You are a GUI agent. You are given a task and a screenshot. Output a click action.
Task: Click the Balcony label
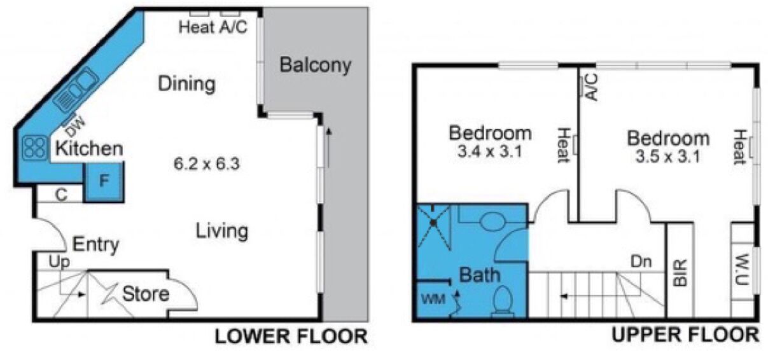[316, 65]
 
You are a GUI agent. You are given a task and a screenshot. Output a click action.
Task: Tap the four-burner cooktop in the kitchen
[35, 148]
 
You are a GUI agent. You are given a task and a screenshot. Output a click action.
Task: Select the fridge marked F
[104, 182]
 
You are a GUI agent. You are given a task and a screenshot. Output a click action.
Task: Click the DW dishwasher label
[74, 127]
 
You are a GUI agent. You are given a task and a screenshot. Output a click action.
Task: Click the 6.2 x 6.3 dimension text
[206, 164]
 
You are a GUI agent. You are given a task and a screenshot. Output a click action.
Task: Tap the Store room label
[146, 294]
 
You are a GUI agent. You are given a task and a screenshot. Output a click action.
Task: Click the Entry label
[96, 245]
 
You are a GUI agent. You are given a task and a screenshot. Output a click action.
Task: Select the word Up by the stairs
[59, 263]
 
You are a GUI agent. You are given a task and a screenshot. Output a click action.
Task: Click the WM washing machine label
[433, 300]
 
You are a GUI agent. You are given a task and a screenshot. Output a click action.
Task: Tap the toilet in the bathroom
[503, 301]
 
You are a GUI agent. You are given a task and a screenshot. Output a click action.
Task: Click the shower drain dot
[433, 223]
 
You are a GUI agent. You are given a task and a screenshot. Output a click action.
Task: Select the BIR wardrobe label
[681, 273]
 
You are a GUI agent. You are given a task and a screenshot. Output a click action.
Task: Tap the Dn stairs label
[641, 262]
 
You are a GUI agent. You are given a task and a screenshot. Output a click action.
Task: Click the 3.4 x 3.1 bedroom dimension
[490, 151]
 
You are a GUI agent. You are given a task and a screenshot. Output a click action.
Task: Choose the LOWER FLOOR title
[291, 336]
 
